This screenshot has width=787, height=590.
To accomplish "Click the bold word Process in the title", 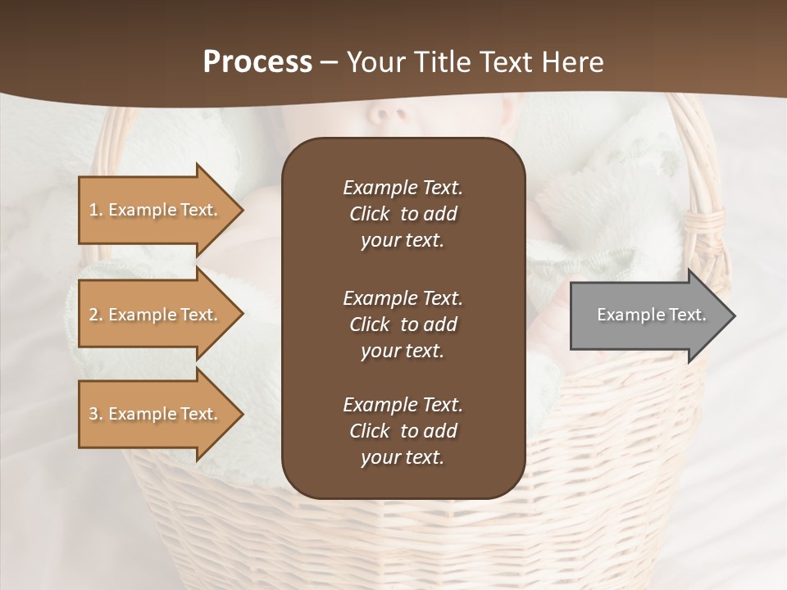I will tap(257, 62).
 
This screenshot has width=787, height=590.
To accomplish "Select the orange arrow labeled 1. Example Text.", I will tap(156, 210).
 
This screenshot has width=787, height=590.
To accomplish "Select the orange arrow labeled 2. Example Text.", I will tap(156, 315).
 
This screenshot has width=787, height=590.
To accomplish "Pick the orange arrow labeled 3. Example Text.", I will tap(156, 414).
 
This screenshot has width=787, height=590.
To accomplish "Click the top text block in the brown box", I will tap(403, 214).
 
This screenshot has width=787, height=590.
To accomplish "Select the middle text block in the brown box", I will tap(403, 324).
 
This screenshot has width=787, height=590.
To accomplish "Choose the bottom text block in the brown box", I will tap(403, 431).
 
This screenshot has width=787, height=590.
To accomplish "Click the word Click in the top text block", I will tap(370, 214).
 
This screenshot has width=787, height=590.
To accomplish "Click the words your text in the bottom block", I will tap(403, 457).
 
